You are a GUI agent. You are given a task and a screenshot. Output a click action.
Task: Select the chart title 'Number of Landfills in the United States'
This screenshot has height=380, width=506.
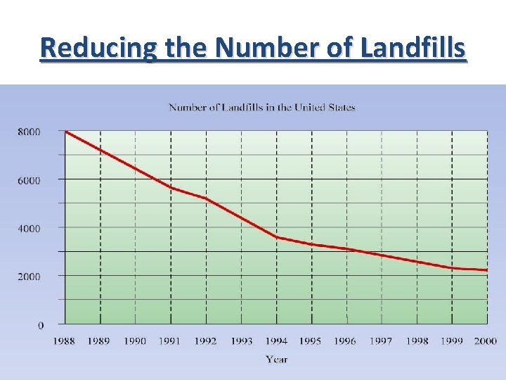pos(261,108)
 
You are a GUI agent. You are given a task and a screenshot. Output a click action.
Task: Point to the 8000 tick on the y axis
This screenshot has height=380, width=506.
pos(29,132)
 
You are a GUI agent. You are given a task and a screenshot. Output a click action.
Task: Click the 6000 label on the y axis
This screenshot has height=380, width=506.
pos(29,180)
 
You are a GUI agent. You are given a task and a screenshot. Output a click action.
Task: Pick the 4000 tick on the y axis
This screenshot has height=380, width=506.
pos(29,229)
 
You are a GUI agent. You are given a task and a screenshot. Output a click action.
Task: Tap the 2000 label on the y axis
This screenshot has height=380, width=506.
pos(29,277)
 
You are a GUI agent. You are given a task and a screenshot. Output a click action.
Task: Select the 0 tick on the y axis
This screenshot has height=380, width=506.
pos(40,325)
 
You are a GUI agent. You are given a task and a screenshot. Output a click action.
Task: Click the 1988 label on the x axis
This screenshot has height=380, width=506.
pos(65,341)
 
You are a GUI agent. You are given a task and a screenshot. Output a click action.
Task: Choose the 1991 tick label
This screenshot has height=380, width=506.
pos(169,341)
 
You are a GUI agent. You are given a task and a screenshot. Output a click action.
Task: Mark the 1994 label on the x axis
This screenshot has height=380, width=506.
pos(276,341)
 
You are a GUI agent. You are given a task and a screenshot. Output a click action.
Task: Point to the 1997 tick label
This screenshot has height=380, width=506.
pos(381,341)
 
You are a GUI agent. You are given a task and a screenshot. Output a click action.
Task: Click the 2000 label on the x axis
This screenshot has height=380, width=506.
pos(485,341)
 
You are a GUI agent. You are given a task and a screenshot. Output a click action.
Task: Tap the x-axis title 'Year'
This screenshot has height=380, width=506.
pos(276,360)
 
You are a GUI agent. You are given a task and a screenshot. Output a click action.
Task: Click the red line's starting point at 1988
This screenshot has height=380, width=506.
pos(65,132)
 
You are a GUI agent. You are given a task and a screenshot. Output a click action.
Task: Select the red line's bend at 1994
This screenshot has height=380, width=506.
pos(277,237)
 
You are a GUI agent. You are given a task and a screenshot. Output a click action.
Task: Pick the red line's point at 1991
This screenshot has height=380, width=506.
pos(171,188)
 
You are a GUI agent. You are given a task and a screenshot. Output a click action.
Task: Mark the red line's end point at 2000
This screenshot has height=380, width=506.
pos(486,270)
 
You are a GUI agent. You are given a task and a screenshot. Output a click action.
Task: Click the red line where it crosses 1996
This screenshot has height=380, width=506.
pos(347,249)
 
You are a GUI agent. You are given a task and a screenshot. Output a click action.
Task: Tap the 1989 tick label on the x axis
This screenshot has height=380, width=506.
pos(99,341)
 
